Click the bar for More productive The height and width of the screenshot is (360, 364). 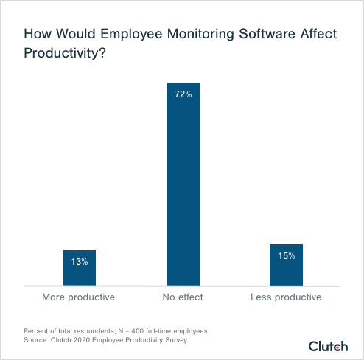[79, 268]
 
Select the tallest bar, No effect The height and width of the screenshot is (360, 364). [183, 184]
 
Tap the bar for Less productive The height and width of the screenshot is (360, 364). [287, 265]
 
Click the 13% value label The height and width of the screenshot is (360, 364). [79, 261]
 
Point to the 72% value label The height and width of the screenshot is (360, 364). [183, 94]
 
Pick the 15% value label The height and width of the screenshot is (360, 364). [287, 256]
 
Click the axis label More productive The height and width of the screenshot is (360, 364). [79, 297]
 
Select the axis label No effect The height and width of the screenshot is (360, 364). [183, 297]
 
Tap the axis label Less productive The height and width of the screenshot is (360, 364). [287, 297]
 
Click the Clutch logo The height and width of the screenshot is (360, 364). [328, 345]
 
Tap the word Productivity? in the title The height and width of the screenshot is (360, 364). [63, 54]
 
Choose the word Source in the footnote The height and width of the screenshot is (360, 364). [35, 342]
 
